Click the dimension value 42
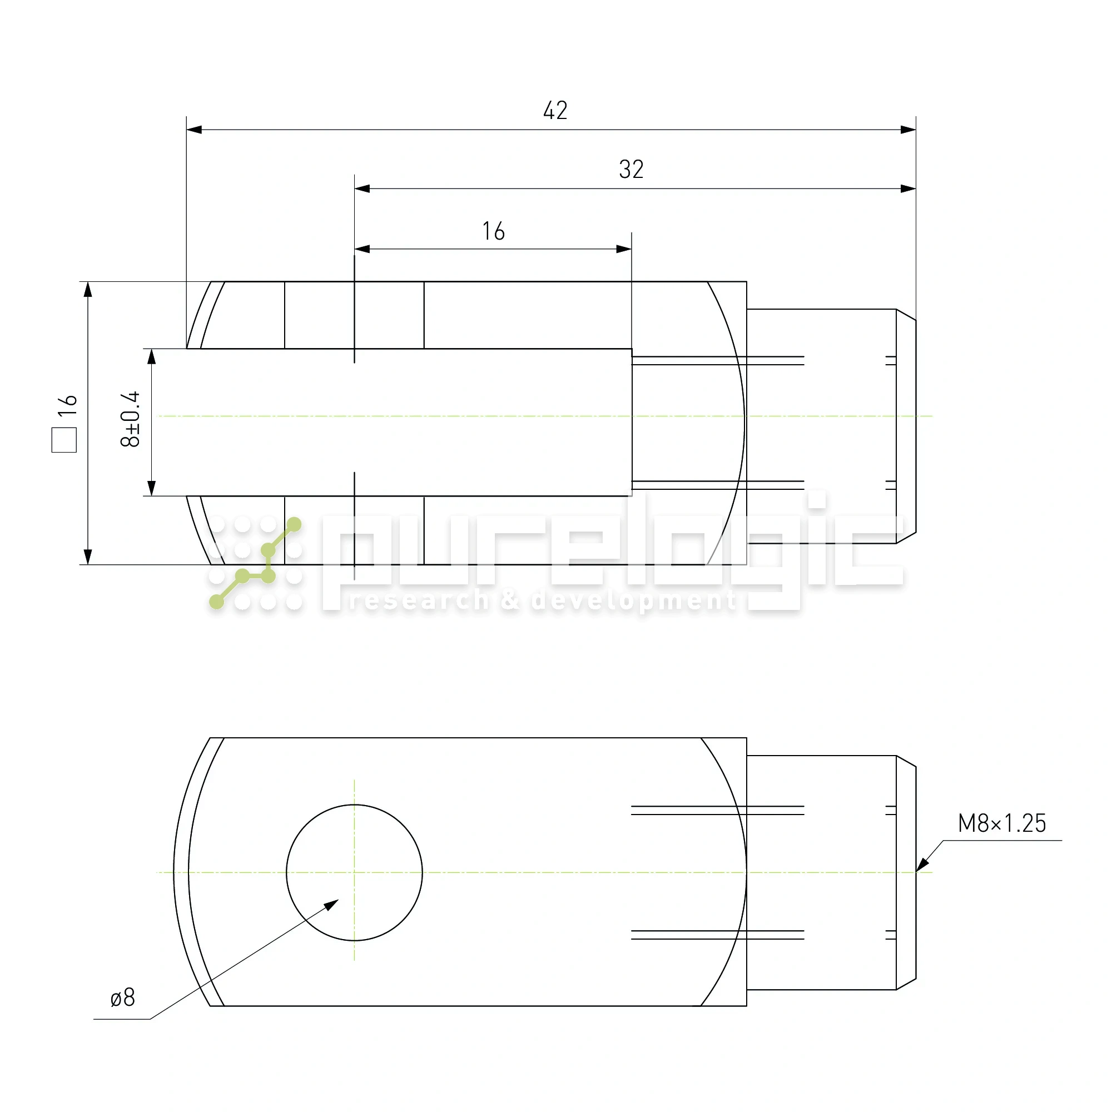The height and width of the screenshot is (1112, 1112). (x=555, y=111)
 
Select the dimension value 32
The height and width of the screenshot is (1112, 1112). (x=631, y=169)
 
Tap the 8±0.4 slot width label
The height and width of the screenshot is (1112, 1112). (x=131, y=419)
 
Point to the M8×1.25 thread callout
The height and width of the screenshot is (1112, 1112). (x=1001, y=823)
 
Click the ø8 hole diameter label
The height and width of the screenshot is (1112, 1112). (x=122, y=997)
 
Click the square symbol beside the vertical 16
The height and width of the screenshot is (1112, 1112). (x=64, y=440)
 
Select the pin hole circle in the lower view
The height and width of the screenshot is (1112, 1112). (x=354, y=805)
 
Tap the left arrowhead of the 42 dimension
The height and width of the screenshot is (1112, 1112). (x=194, y=130)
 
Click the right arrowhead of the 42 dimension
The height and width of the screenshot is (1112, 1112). (x=909, y=130)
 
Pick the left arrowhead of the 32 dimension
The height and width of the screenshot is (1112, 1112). (x=362, y=188)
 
